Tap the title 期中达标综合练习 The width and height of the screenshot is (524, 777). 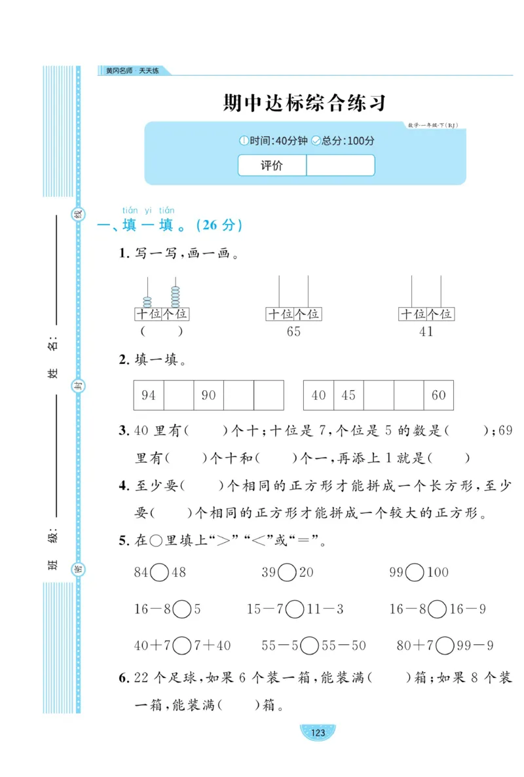[305, 103]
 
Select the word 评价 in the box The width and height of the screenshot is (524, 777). [272, 166]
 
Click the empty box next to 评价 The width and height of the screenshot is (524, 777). [340, 166]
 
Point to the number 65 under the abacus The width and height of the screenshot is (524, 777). [293, 331]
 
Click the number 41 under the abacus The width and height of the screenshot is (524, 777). [426, 331]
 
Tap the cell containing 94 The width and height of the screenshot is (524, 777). [149, 395]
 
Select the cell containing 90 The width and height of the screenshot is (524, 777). [209, 395]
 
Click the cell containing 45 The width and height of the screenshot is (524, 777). [348, 395]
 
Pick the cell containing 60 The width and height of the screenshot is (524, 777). [438, 395]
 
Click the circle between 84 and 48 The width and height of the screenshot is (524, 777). [159, 573]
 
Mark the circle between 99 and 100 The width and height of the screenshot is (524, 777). [414, 573]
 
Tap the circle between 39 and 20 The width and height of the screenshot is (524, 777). [287, 573]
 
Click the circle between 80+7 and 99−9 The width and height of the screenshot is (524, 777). [445, 646]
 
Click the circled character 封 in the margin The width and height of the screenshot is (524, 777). [78, 386]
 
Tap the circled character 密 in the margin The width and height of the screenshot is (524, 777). [78, 567]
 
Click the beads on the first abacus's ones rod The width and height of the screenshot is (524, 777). [176, 297]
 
